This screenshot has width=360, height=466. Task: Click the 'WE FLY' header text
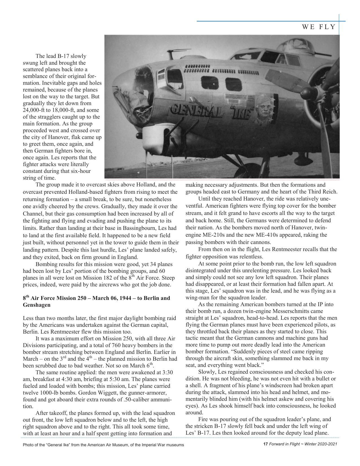pyautogui.click(x=318, y=27)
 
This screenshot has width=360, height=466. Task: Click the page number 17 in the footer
pyautogui.click(x=265, y=444)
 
